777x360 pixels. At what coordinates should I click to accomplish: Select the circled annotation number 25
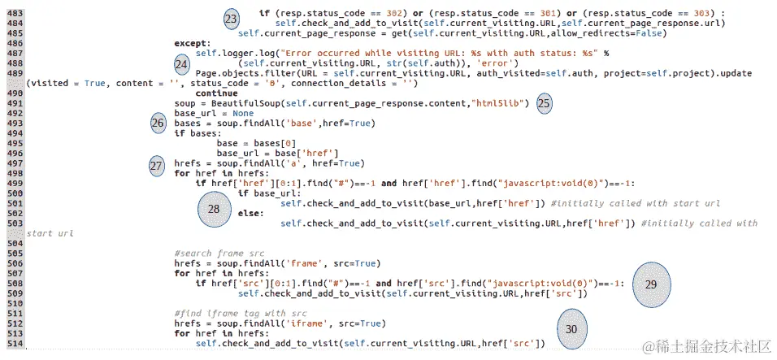(544, 103)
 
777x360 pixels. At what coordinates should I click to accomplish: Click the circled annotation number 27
(157, 165)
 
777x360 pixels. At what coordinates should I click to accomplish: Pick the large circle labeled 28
(214, 209)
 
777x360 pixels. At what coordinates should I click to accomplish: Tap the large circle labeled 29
(651, 284)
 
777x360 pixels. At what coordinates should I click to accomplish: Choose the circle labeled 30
(571, 329)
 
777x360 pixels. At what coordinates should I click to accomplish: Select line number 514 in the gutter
(15, 345)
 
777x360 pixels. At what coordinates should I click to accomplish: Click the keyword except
(192, 44)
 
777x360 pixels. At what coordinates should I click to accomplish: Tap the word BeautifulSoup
(248, 103)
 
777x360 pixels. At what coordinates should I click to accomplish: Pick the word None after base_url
(243, 114)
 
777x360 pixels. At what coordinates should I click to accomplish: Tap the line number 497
(15, 163)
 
